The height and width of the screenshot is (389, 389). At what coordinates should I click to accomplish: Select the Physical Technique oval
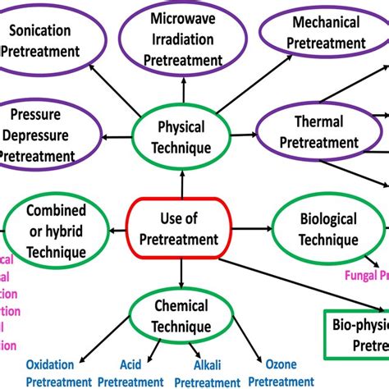pos(182,137)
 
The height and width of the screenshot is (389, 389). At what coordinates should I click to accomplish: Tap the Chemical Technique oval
pos(181,316)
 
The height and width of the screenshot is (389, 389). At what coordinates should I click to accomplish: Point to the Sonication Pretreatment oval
pos(51,39)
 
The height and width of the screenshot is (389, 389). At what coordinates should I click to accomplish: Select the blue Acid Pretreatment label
pos(132,373)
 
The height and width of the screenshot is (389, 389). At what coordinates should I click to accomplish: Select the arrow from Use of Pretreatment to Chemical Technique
pos(181,271)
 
